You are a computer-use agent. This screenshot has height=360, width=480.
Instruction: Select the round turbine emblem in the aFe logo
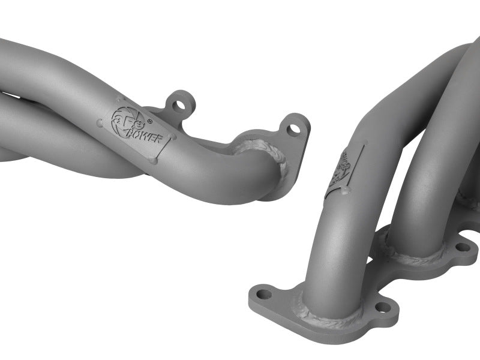[118, 115]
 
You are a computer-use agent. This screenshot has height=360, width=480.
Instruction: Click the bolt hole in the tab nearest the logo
[178, 106]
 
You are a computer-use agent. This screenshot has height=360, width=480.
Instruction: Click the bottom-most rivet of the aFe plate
[154, 160]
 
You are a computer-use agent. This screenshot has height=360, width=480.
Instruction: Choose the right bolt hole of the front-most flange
[379, 308]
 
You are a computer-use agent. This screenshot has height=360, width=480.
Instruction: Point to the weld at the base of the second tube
[414, 255]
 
